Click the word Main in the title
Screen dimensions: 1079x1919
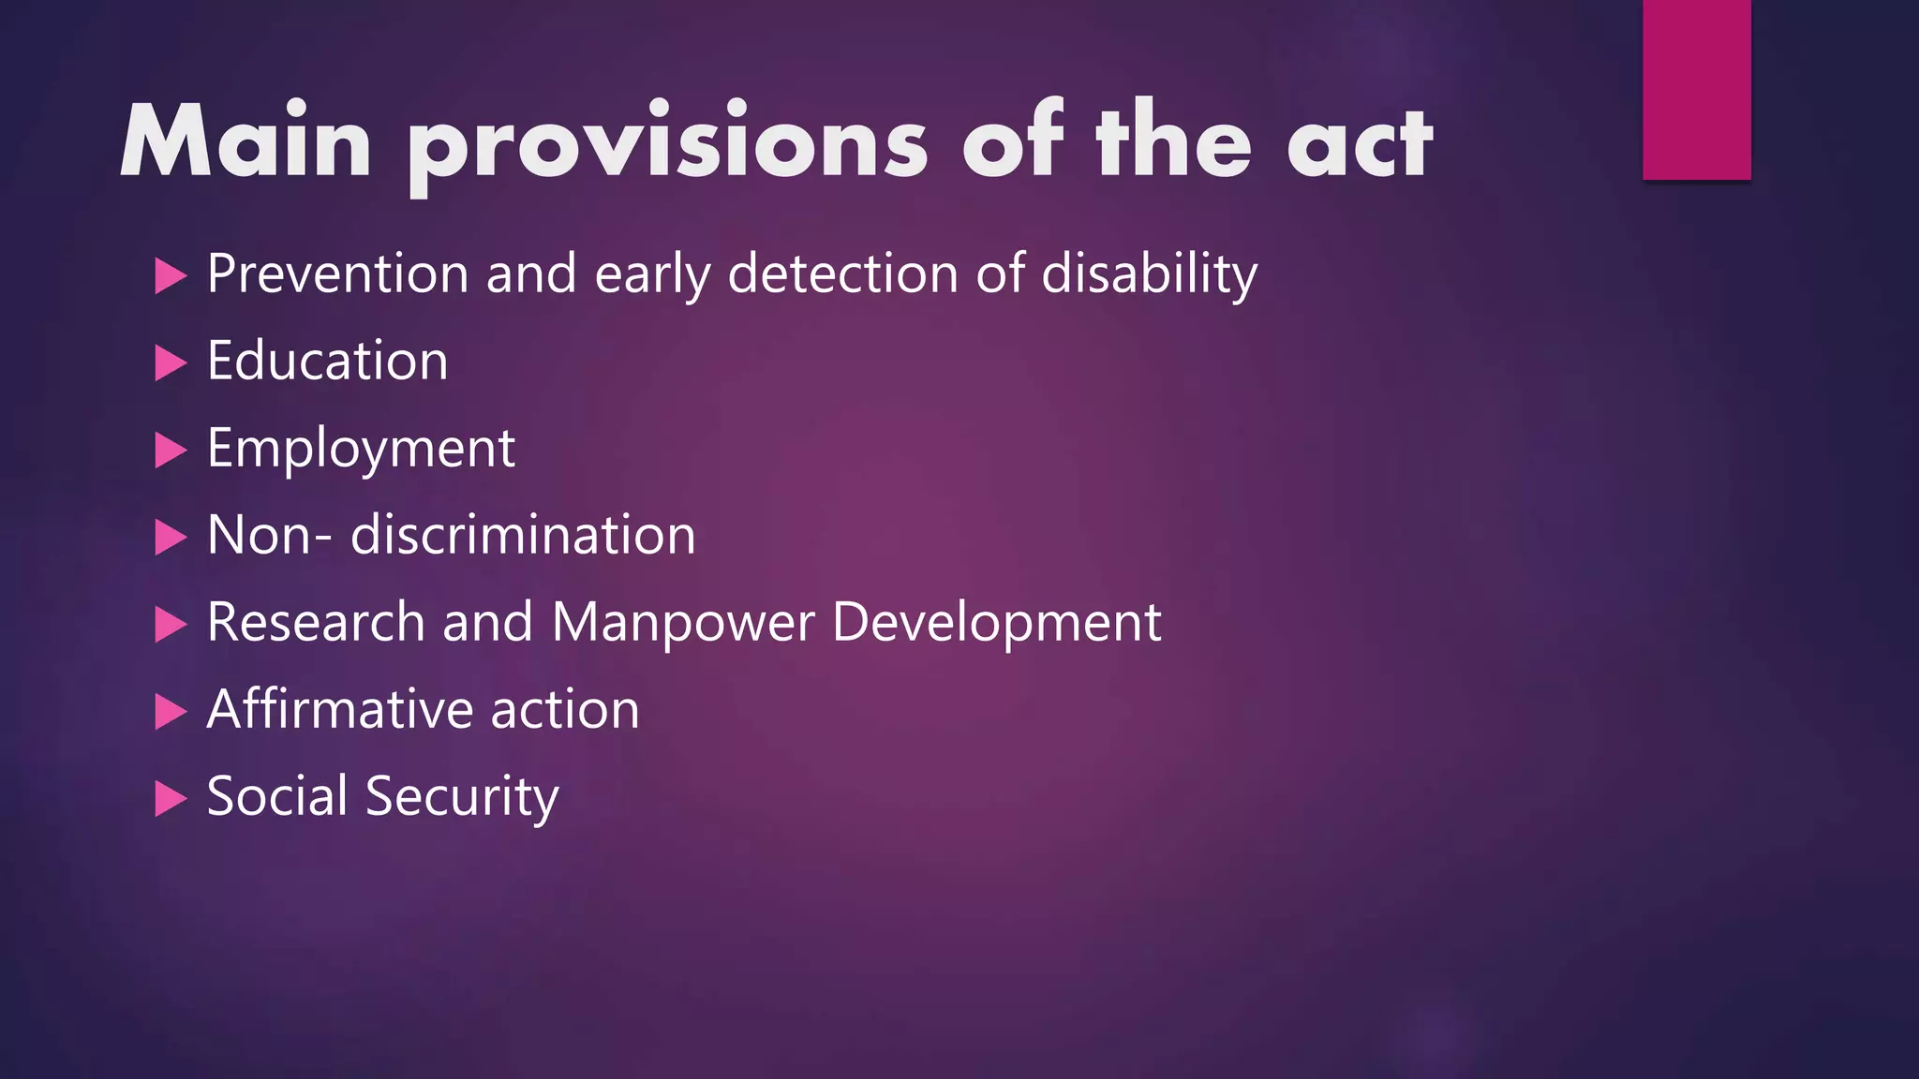point(245,141)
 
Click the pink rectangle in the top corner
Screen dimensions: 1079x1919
point(1696,89)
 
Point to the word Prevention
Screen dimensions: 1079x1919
point(337,274)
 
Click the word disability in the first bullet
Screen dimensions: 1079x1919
point(1149,274)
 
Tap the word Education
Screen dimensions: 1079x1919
point(327,362)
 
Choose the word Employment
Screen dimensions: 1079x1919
point(361,450)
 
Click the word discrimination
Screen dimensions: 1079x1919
point(523,536)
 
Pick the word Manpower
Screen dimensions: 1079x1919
point(683,623)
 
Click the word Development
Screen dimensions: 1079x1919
point(996,623)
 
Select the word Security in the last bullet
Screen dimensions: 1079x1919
point(462,797)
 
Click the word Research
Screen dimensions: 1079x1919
point(316,623)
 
